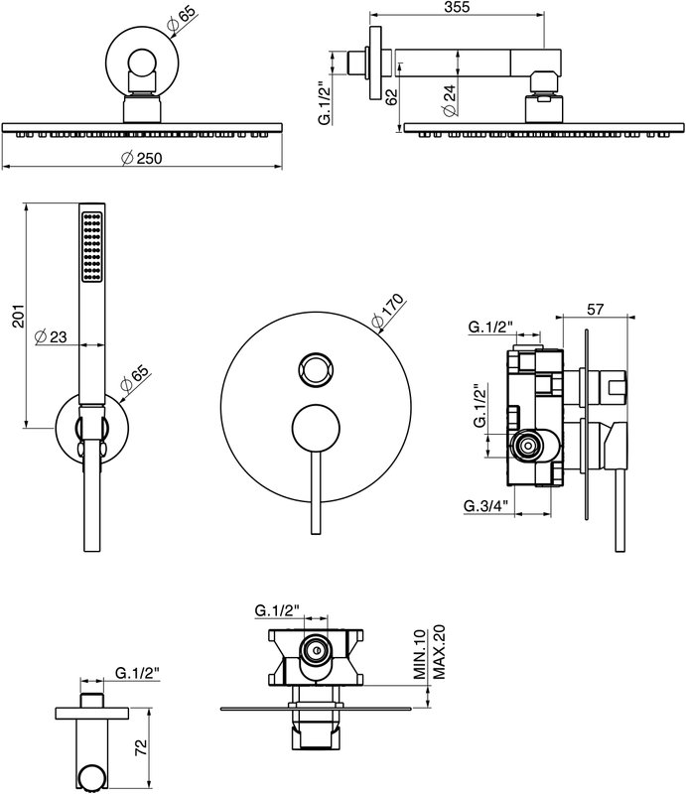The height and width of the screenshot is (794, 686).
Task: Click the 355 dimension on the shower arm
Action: click(457, 7)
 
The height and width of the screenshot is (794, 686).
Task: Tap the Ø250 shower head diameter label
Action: click(142, 158)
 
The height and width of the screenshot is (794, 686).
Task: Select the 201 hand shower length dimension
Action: click(18, 316)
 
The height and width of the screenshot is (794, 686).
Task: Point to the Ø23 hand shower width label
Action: click(51, 336)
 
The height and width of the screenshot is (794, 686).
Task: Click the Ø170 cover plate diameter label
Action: click(387, 311)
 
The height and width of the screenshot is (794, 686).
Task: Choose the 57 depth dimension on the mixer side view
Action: click(595, 309)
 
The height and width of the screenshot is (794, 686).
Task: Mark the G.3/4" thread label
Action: click(485, 505)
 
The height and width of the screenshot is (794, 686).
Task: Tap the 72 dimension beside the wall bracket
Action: click(141, 747)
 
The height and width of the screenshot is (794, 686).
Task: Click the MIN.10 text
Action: click(420, 654)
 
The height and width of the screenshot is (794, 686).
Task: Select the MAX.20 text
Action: click(438, 652)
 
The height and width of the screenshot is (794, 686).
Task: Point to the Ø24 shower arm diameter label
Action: click(449, 100)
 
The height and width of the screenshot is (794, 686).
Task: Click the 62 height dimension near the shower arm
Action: click(391, 96)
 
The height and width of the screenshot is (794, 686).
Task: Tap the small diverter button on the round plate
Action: click(316, 369)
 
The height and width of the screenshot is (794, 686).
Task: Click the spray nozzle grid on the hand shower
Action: click(91, 246)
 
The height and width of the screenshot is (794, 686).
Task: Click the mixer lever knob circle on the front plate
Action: click(316, 427)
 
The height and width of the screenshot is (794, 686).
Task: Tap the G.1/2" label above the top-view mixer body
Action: click(277, 610)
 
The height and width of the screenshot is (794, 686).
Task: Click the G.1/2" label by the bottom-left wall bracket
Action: click(137, 673)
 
